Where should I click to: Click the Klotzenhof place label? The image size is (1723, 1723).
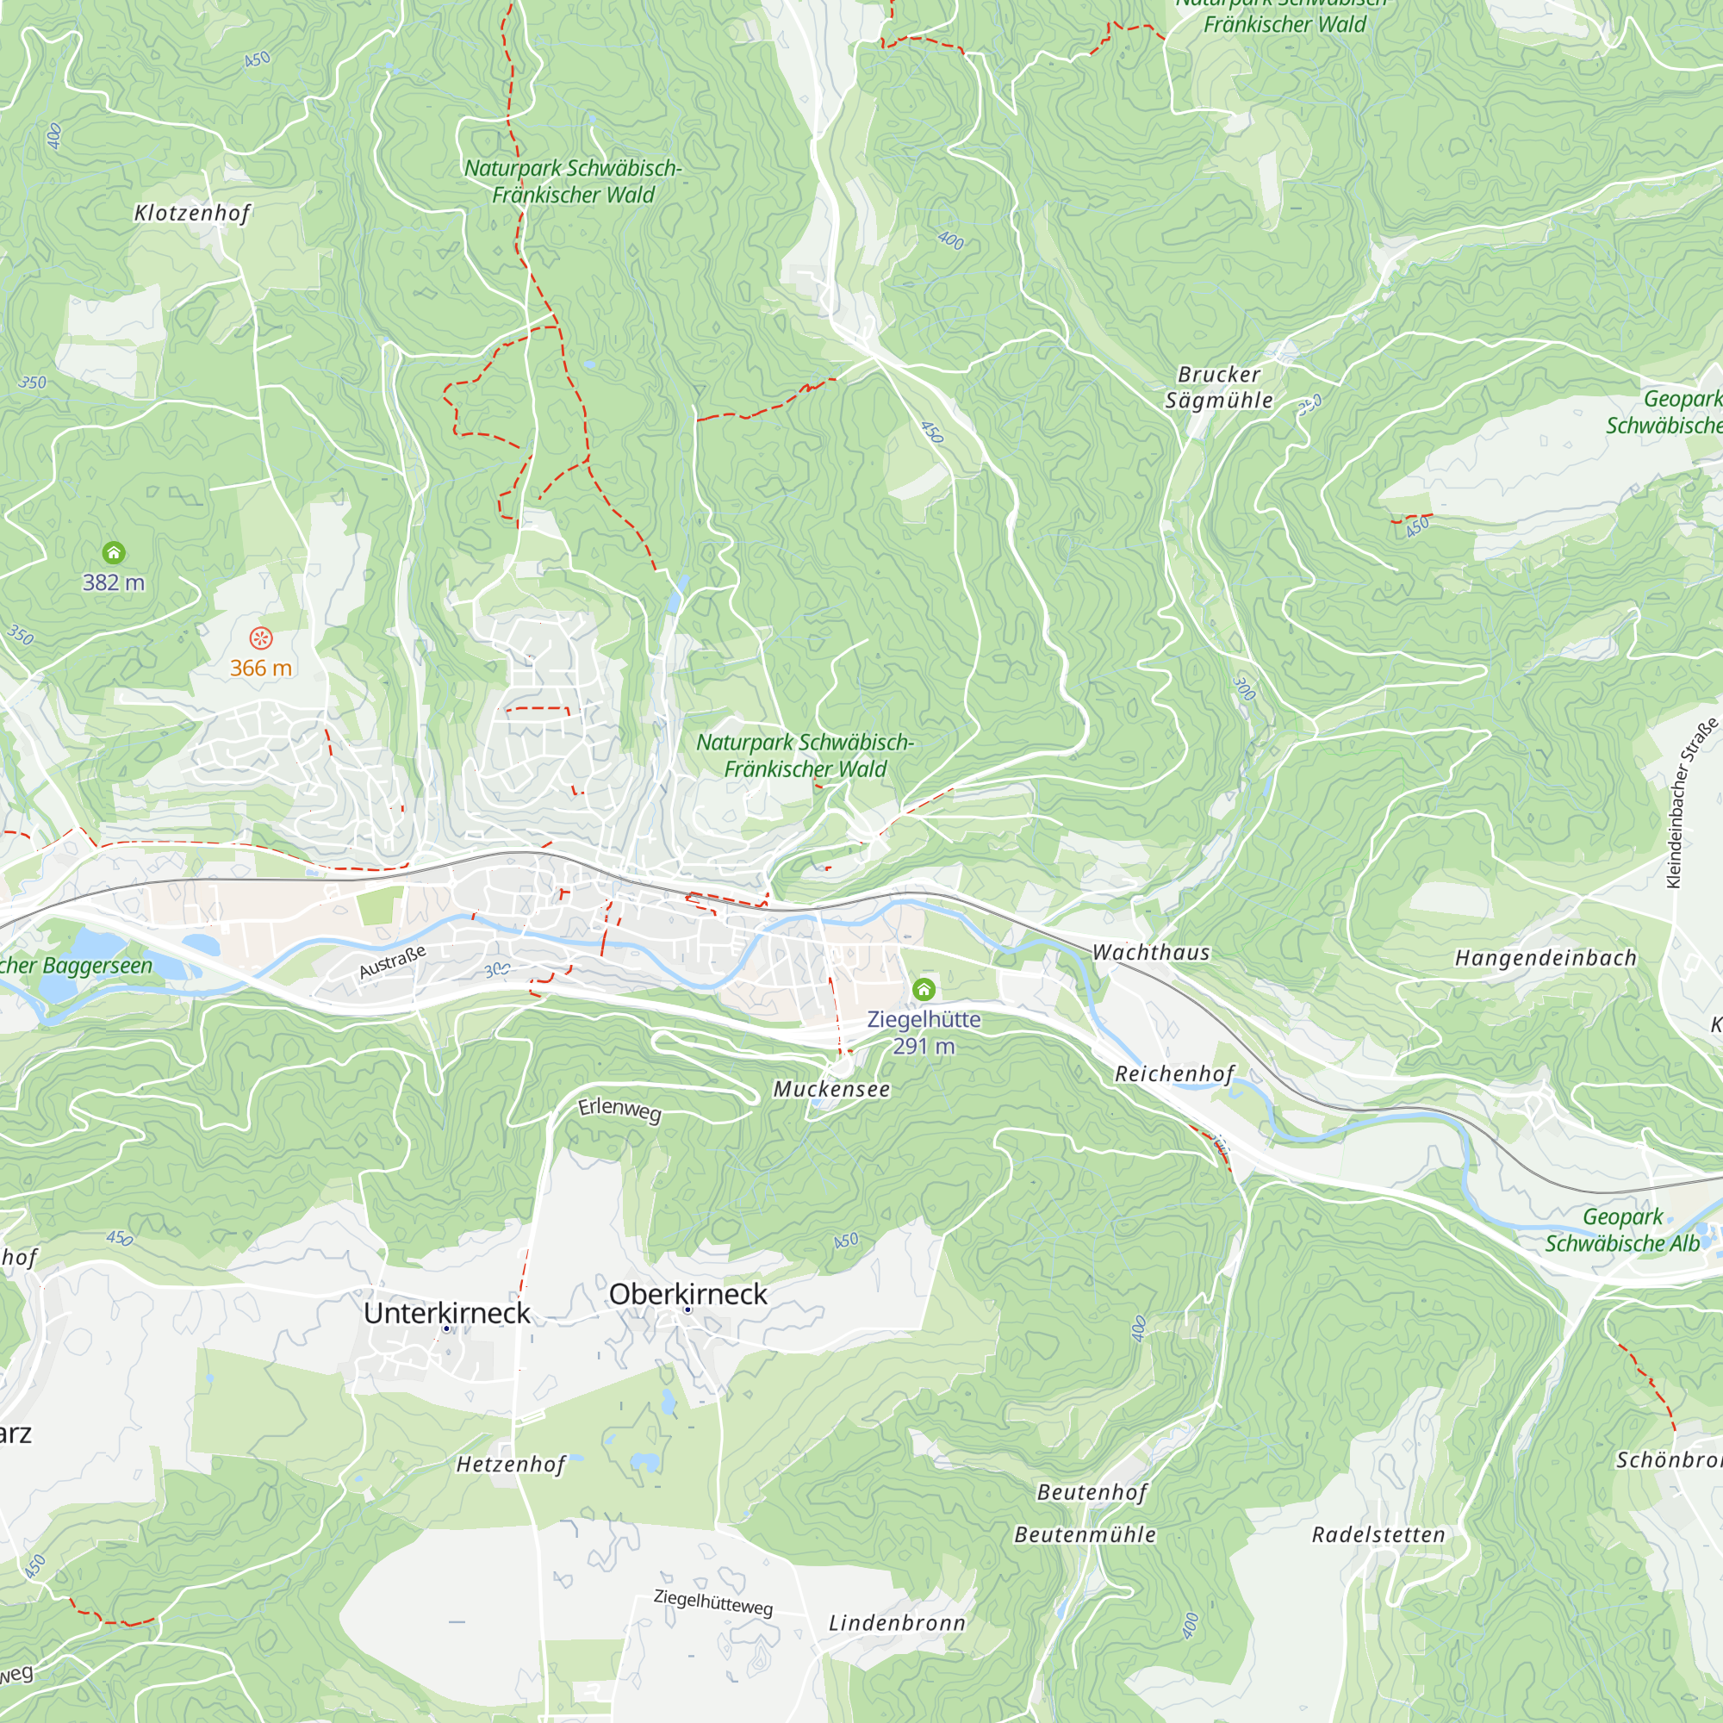tap(192, 213)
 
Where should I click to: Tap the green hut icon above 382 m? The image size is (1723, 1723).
tap(113, 553)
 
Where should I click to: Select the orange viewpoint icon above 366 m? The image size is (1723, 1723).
tap(260, 638)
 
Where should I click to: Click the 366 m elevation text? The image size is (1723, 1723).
tap(260, 668)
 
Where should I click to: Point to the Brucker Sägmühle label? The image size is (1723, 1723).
tap(1218, 387)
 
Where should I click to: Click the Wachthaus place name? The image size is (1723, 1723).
tap(1150, 953)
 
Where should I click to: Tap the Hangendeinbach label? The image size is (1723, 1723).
tap(1546, 959)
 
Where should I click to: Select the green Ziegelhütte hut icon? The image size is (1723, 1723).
tap(924, 989)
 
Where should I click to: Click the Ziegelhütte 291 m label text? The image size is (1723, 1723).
tap(924, 1033)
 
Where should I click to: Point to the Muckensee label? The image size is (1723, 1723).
tap(831, 1089)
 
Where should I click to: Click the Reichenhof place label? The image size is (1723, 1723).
tap(1174, 1073)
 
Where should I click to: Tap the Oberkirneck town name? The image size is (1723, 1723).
tap(687, 1294)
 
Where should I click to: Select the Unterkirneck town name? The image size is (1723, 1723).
tap(447, 1313)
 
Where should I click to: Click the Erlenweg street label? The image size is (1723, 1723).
tap(619, 1110)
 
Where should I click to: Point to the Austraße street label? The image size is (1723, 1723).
tap(392, 962)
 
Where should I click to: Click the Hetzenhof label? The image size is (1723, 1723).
tap(511, 1465)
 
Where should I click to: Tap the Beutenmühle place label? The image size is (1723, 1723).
tap(1085, 1535)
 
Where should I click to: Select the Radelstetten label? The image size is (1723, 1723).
tap(1378, 1535)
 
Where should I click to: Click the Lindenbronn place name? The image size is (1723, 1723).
tap(897, 1623)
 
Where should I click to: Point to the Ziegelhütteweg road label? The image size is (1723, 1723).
tap(712, 1602)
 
